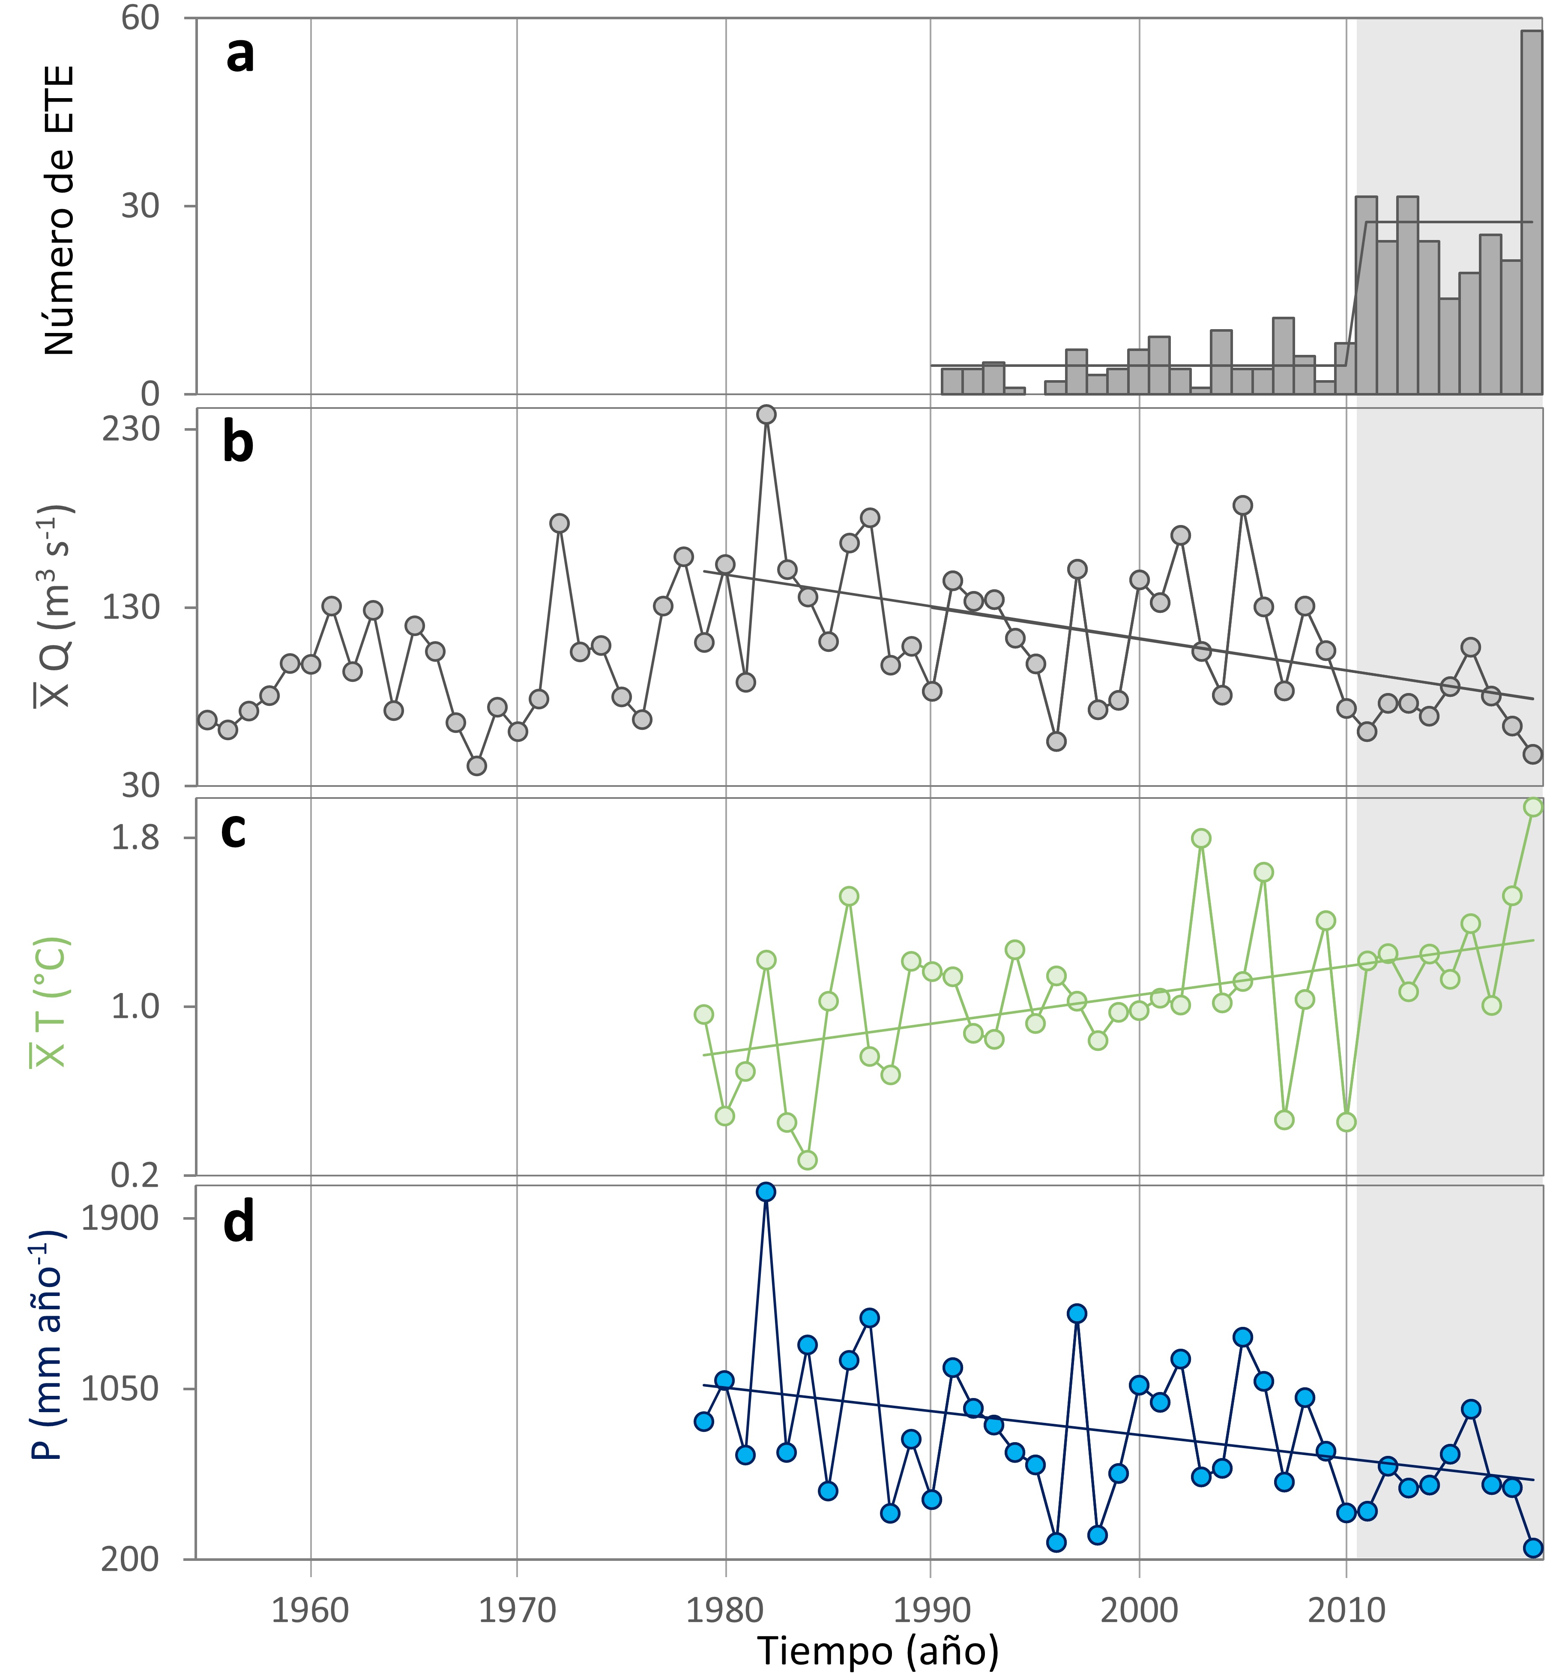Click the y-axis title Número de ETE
point(59,210)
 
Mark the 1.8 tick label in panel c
point(135,838)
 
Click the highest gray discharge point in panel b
point(766,414)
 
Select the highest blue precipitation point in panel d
point(766,1191)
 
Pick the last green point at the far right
point(1533,807)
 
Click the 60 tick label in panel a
point(140,18)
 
